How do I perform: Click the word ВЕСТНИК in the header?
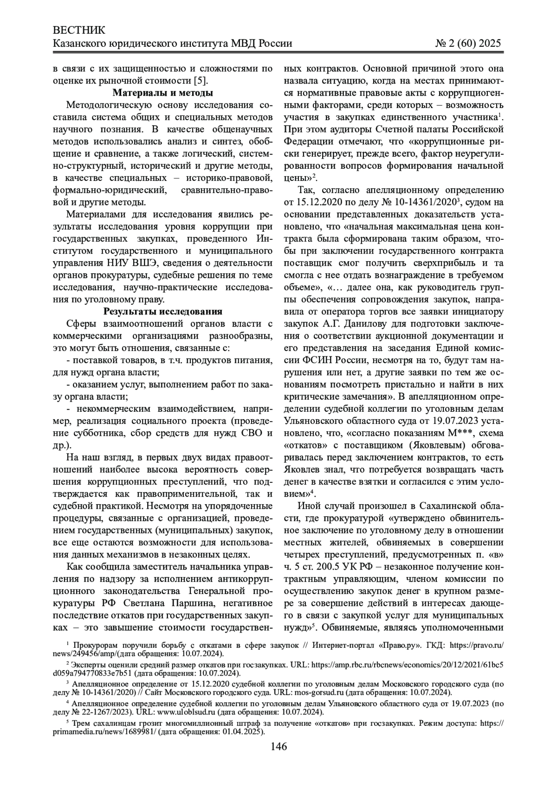(79, 31)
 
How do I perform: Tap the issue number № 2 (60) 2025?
(468, 44)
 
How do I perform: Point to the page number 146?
(278, 746)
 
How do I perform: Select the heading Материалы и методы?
(163, 93)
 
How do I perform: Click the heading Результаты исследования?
(163, 312)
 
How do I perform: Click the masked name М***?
(459, 432)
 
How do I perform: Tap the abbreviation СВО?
(243, 433)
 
